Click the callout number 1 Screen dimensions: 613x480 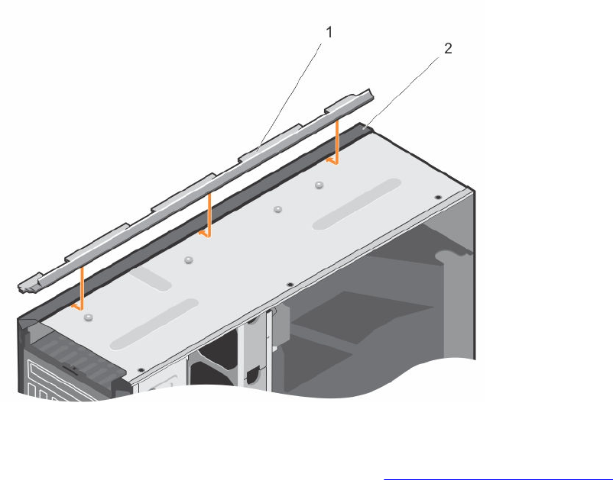tap(329, 32)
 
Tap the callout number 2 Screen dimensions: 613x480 tap(448, 48)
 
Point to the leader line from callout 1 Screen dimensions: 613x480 tap(290, 96)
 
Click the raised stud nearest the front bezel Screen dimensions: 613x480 tap(89, 317)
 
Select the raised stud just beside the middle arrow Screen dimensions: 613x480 tap(189, 259)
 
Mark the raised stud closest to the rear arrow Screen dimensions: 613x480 tap(319, 185)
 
